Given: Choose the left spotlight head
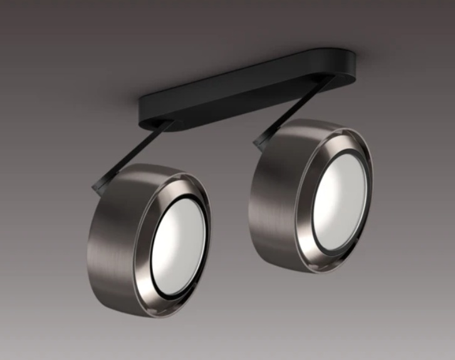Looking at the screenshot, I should pyautogui.click(x=150, y=238).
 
